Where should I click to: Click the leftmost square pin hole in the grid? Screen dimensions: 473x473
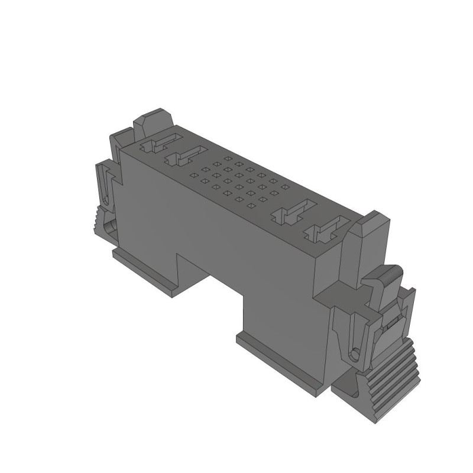pyautogui.click(x=193, y=175)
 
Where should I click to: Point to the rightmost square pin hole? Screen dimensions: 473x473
pyautogui.click(x=285, y=187)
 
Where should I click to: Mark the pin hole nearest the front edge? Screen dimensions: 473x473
pyautogui.click(x=251, y=206)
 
